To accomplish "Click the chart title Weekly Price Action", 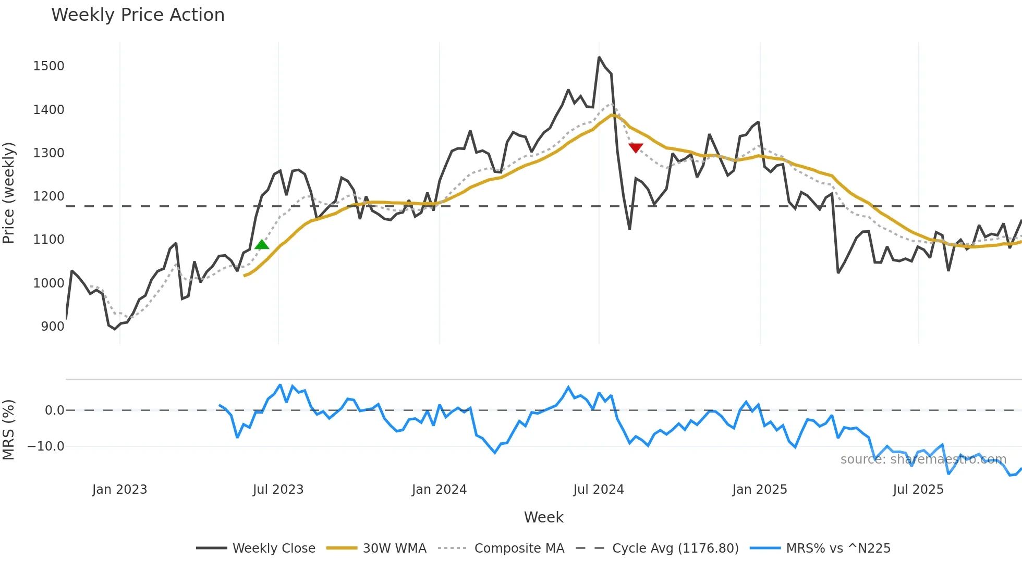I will [x=138, y=15].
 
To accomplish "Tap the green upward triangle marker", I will [x=262, y=245].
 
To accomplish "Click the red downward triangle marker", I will [x=636, y=148].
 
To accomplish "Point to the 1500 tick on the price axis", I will [x=48, y=66].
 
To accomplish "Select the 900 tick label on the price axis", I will [x=53, y=327].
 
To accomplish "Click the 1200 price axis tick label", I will [x=48, y=196].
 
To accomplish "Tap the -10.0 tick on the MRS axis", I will [x=46, y=446].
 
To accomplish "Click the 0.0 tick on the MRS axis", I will [x=54, y=410].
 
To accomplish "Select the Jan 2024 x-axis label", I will [x=439, y=490].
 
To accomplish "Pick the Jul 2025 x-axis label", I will [x=918, y=490].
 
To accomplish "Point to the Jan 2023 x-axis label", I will [x=119, y=490].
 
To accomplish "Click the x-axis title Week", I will [x=543, y=517].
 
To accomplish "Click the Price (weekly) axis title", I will [x=9, y=193].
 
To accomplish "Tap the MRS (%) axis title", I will [x=9, y=430].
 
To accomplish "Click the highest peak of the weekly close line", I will [x=599, y=57].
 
